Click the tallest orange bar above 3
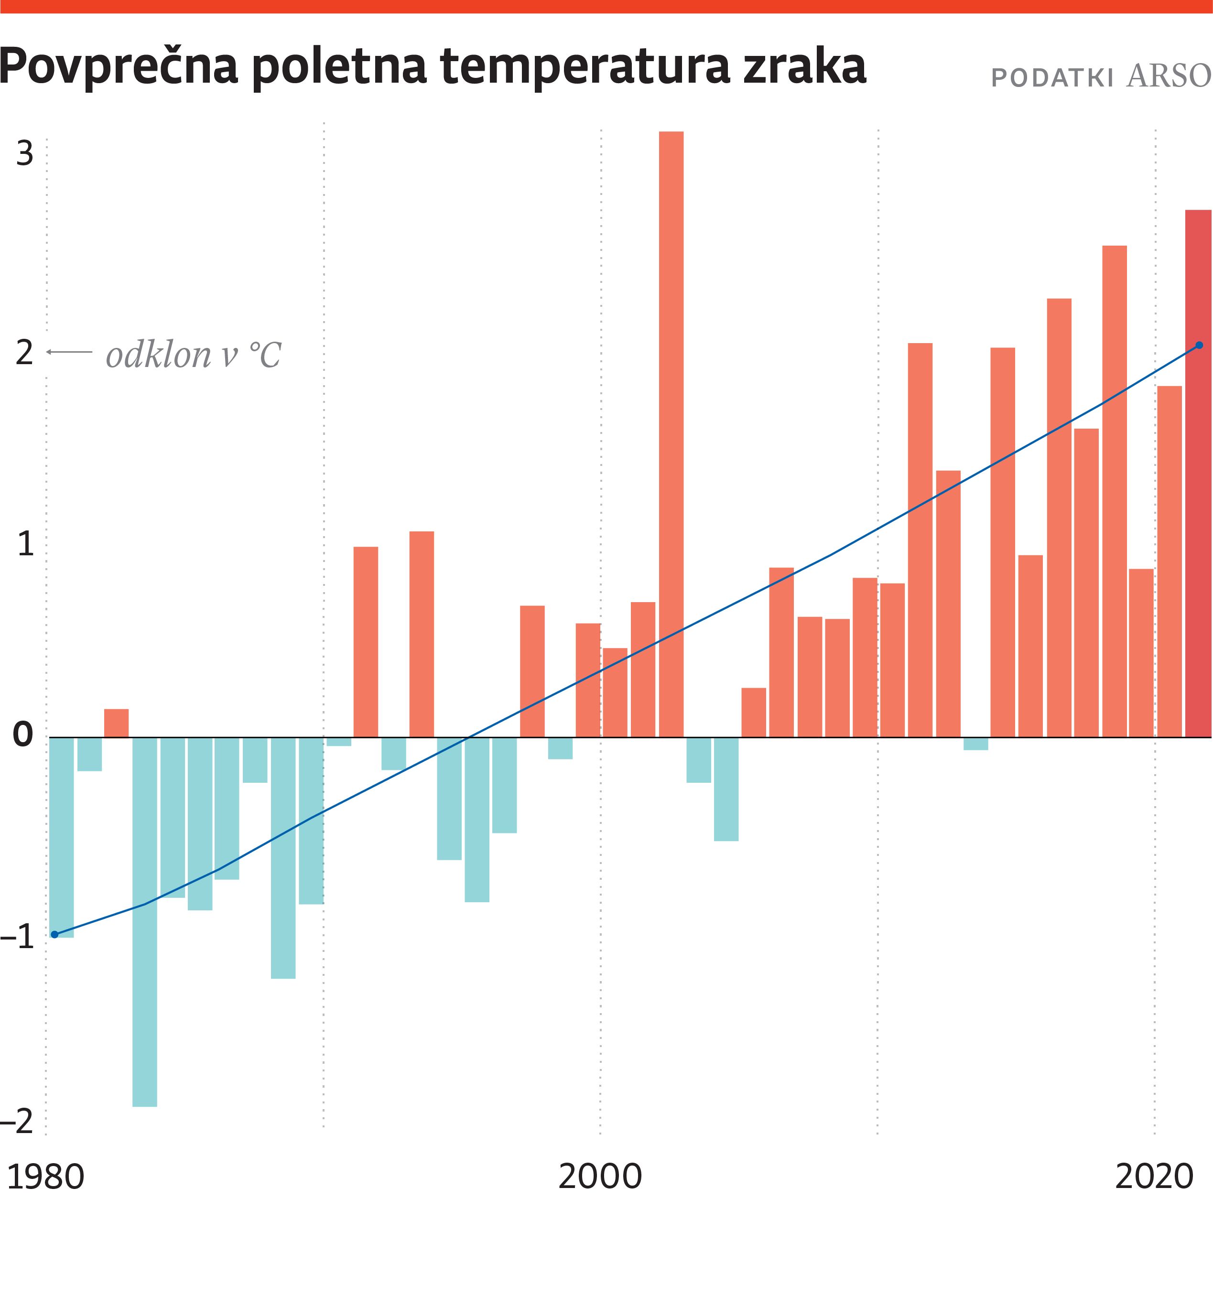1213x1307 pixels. (x=671, y=433)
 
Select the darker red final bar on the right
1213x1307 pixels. (x=1198, y=473)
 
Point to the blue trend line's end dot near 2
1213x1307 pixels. (x=1199, y=346)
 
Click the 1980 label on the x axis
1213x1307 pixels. (x=45, y=1177)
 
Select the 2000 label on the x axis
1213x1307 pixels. (x=600, y=1177)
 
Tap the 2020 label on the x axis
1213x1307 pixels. (x=1154, y=1177)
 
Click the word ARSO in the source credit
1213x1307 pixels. (x=1169, y=77)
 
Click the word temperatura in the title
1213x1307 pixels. (x=584, y=67)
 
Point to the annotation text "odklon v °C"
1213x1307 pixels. (x=194, y=355)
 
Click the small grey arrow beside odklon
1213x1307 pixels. (x=69, y=353)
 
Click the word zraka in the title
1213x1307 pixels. (x=805, y=67)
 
